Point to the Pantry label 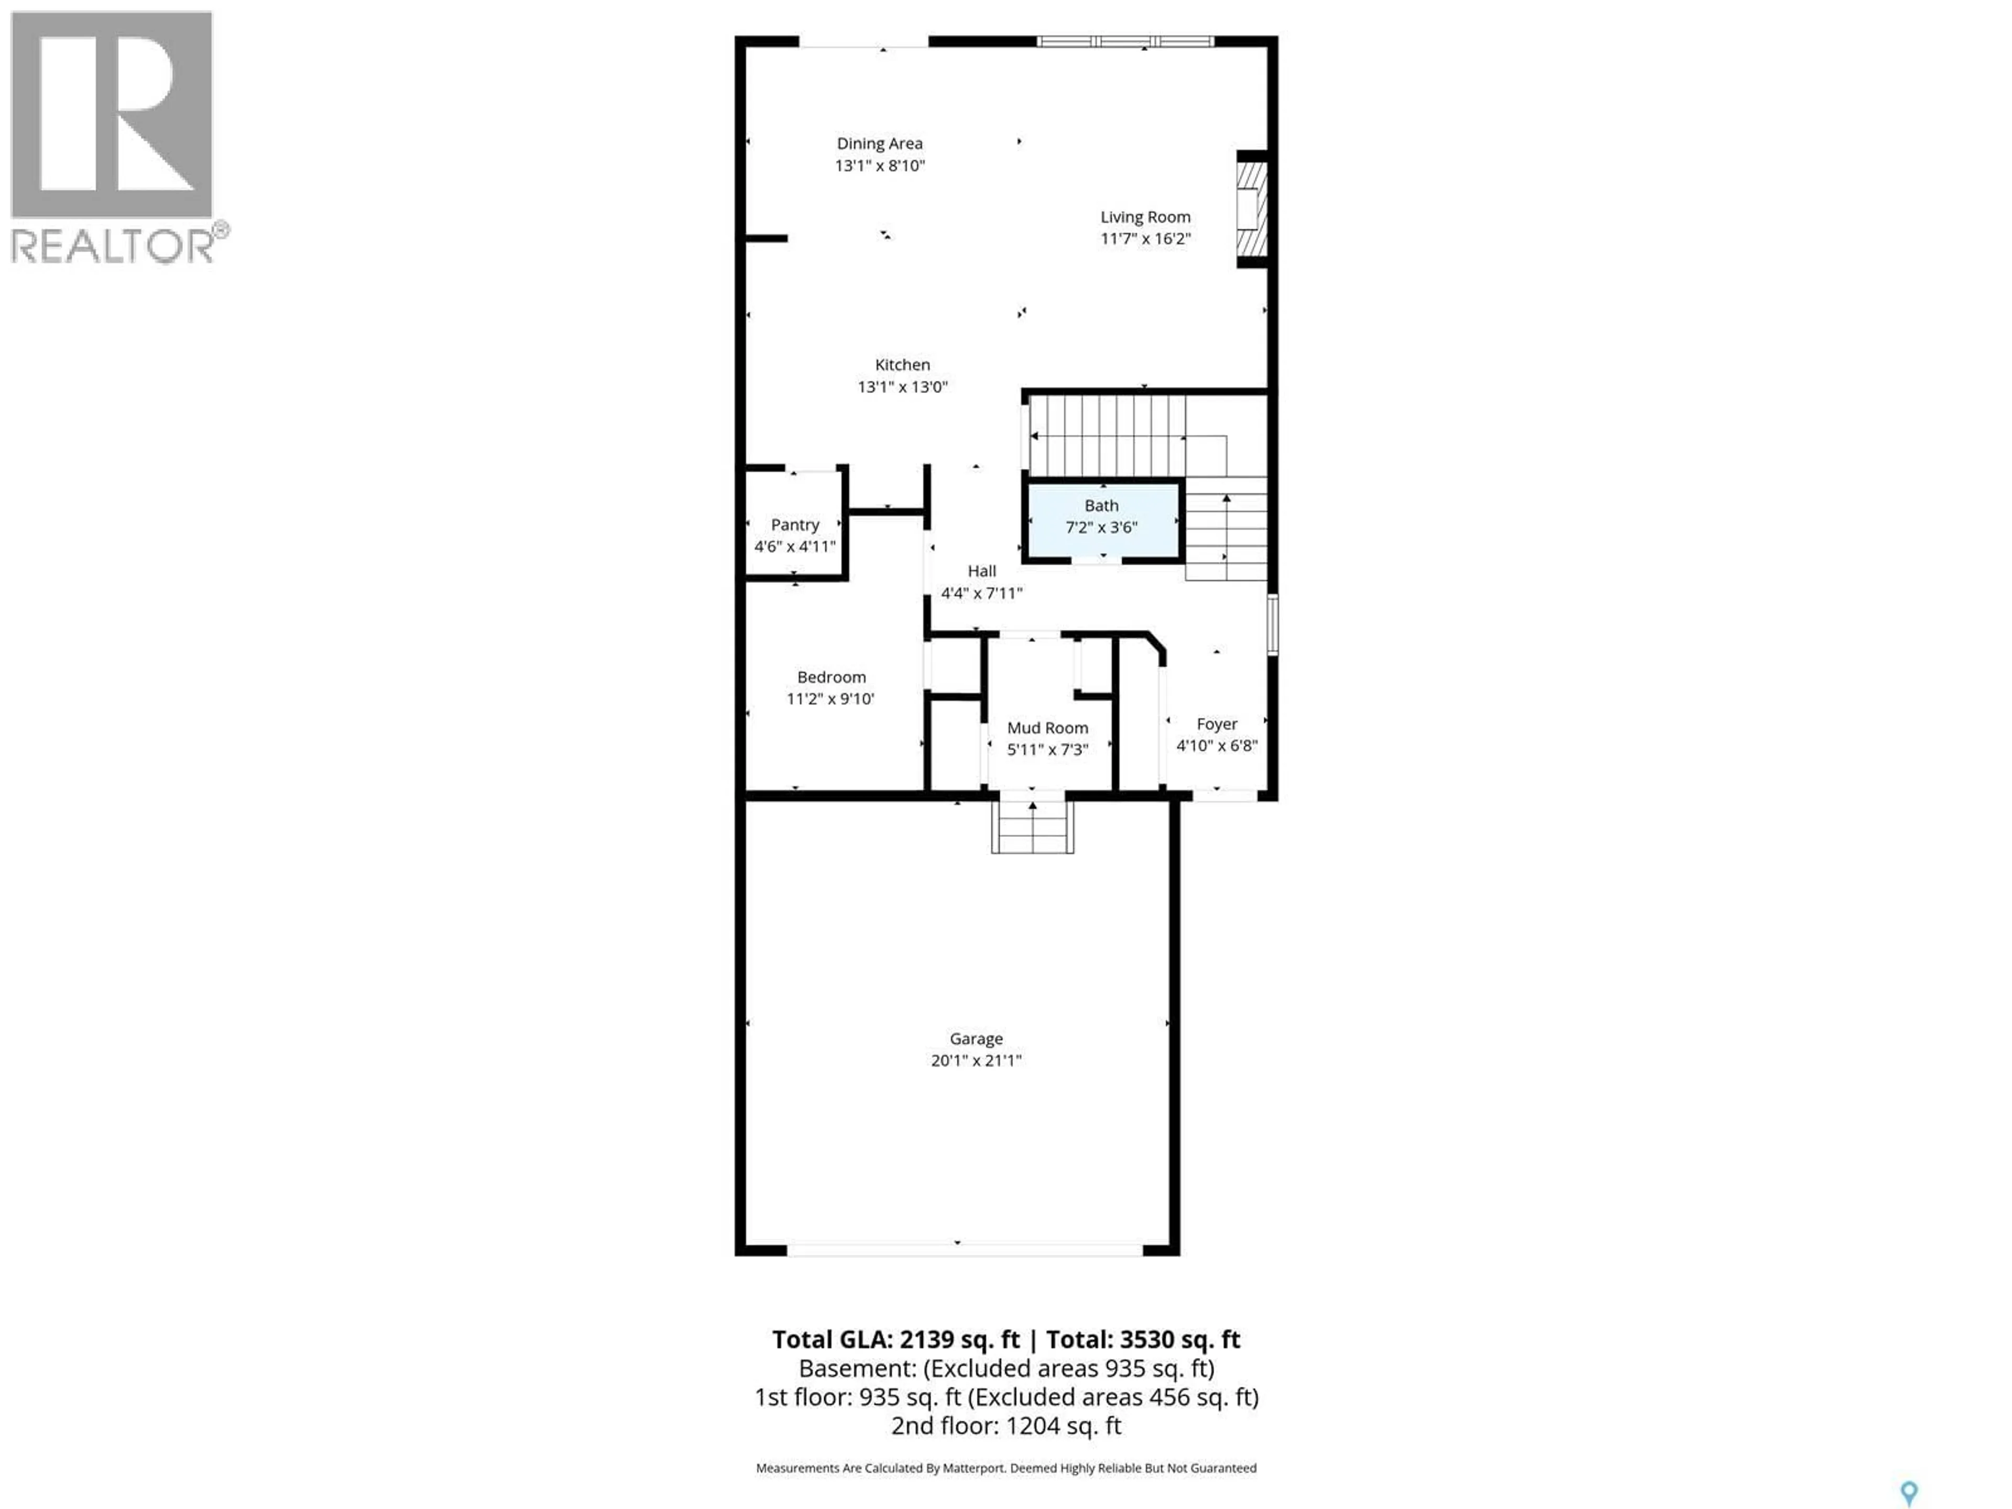[x=795, y=525]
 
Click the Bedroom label [x=832, y=677]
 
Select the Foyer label [x=1217, y=724]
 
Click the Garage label [x=976, y=1038]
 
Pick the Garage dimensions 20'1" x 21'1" [x=976, y=1060]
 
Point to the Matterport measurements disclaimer [x=1006, y=1468]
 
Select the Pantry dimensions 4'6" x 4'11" [x=795, y=546]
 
